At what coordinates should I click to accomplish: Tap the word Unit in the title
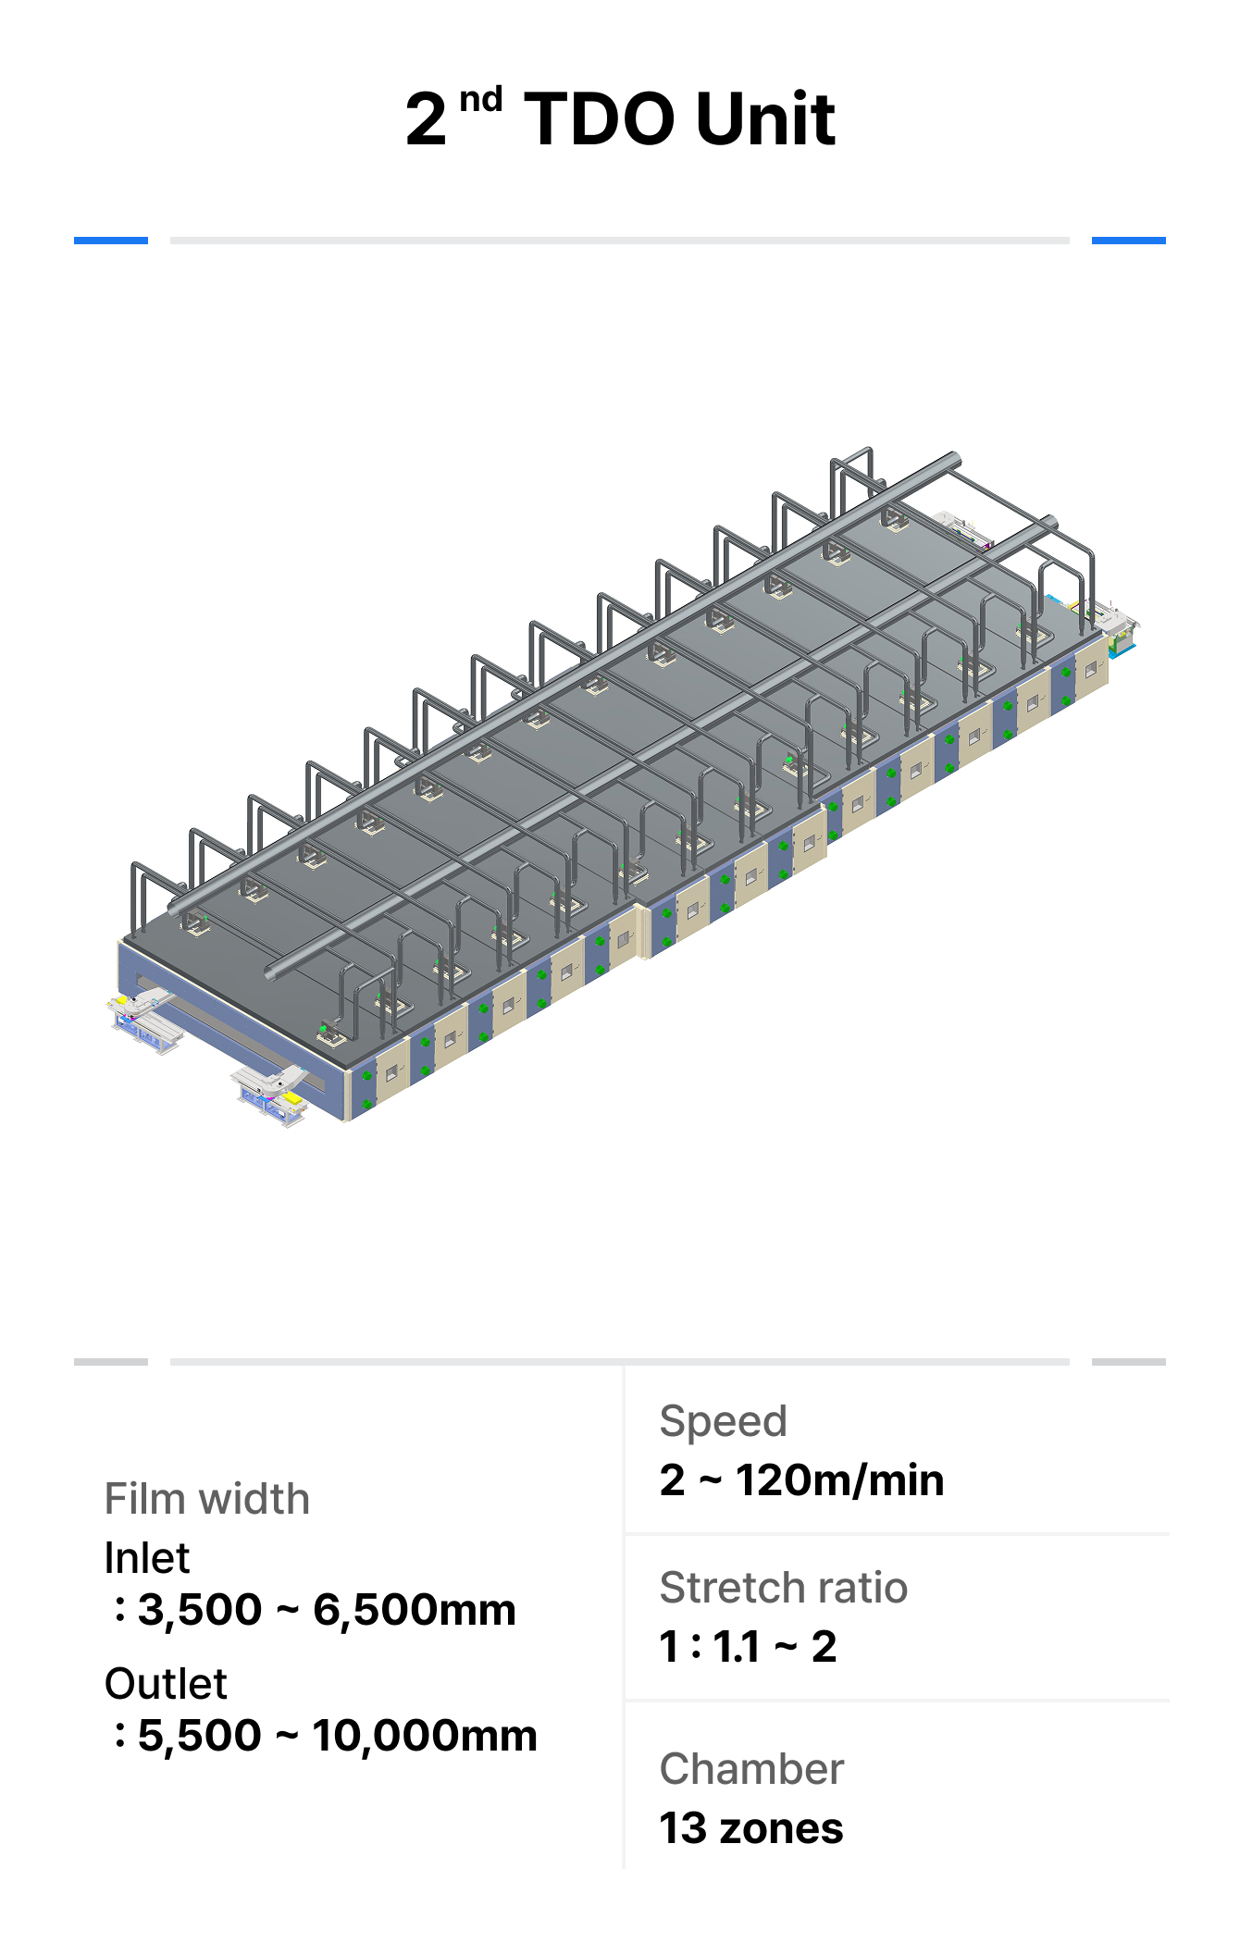click(x=765, y=119)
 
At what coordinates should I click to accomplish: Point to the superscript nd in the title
click(x=480, y=99)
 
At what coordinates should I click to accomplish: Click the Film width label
click(x=206, y=1499)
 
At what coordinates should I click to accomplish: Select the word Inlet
click(x=146, y=1558)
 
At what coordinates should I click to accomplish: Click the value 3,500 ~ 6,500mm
click(x=327, y=1610)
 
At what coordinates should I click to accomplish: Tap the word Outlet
click(x=165, y=1684)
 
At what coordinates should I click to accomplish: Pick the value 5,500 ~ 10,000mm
click(x=337, y=1736)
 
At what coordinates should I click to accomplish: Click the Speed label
click(x=723, y=1421)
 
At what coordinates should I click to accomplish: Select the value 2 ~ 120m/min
click(x=801, y=1480)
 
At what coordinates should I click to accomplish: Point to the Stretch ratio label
click(x=783, y=1588)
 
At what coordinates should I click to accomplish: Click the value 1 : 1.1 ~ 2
click(x=748, y=1647)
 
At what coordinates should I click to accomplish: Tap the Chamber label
click(x=751, y=1769)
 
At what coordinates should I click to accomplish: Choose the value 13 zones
click(x=750, y=1828)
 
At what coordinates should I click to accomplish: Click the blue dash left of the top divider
click(x=111, y=241)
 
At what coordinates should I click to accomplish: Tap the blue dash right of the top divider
click(x=1128, y=241)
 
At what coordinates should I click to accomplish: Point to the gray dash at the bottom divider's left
click(x=111, y=1362)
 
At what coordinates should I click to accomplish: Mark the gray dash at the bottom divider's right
click(x=1128, y=1362)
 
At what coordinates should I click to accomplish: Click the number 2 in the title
click(x=426, y=119)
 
